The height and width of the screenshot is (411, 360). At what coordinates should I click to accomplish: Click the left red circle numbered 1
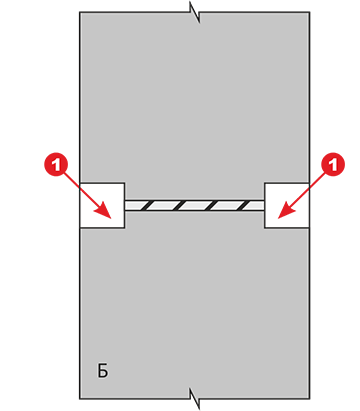(x=56, y=165)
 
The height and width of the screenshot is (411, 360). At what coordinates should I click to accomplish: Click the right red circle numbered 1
(x=333, y=165)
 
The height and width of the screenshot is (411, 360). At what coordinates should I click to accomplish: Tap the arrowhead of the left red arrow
(x=105, y=212)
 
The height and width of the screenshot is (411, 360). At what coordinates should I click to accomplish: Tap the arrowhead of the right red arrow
(x=285, y=212)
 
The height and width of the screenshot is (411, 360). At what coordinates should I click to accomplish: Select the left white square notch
(x=102, y=205)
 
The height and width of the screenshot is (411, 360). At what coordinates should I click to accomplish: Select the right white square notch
(x=287, y=205)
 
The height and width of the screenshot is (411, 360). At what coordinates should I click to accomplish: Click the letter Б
(x=103, y=370)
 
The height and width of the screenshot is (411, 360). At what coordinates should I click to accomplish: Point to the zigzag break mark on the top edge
(x=195, y=12)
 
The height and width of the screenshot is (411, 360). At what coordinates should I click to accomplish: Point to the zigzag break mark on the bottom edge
(x=195, y=398)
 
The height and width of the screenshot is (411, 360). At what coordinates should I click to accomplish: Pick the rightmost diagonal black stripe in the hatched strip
(x=247, y=205)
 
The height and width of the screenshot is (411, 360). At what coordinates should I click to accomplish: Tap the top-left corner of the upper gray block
(x=80, y=12)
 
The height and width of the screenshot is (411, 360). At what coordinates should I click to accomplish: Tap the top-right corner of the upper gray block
(x=310, y=12)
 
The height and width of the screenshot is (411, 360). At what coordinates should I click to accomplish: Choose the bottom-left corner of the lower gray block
(x=80, y=399)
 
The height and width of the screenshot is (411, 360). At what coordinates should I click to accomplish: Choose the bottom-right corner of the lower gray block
(x=310, y=399)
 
